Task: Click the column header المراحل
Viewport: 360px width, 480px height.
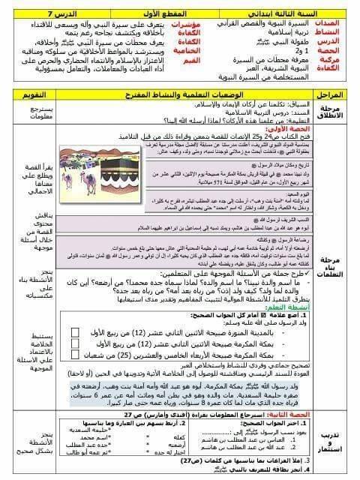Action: tap(331, 95)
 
